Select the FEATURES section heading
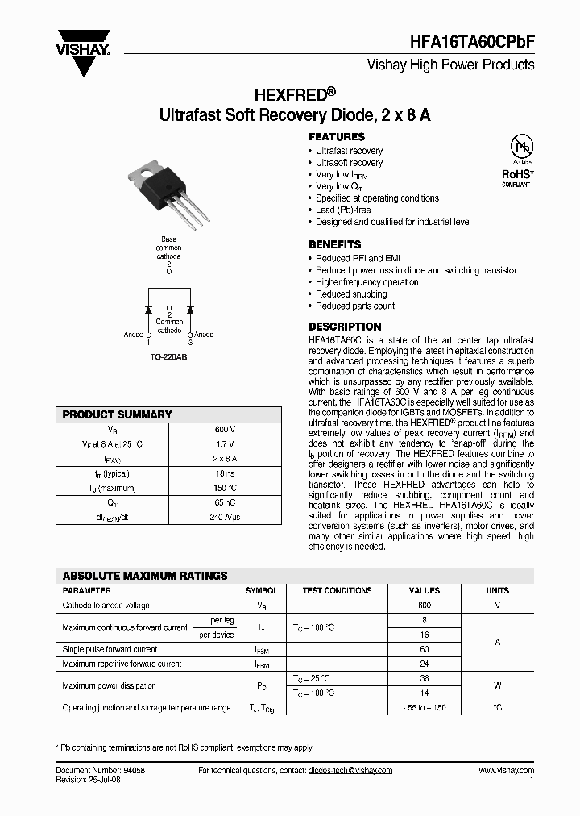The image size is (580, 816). (337, 137)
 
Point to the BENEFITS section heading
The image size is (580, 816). (335, 244)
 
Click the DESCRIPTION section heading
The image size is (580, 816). (345, 327)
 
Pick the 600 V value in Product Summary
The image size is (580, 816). (226, 429)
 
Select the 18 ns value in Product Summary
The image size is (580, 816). (226, 473)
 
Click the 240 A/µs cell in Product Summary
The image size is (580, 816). (226, 517)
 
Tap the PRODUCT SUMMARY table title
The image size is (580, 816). (118, 414)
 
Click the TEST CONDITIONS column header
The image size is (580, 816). (337, 590)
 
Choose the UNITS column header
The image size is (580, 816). (497, 590)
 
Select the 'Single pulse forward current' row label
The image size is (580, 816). (110, 649)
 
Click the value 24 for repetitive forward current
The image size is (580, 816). (425, 664)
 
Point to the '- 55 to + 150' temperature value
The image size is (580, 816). (425, 707)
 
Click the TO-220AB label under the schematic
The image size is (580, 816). (168, 356)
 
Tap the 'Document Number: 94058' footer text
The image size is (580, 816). (101, 771)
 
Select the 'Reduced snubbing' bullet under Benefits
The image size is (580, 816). (351, 294)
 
